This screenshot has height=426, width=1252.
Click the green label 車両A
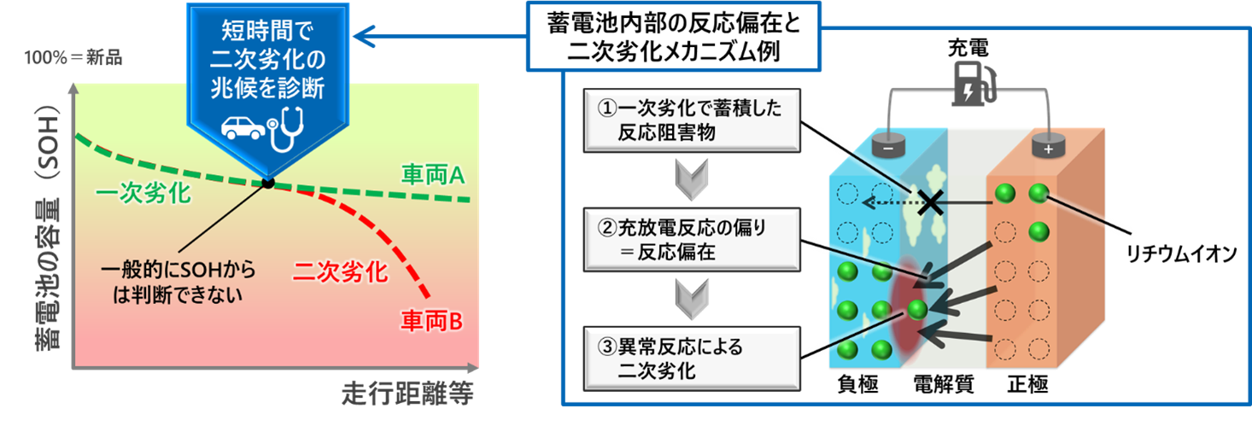[x=431, y=177]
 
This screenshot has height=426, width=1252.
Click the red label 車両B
[x=431, y=322]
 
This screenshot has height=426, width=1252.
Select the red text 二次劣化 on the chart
[x=340, y=272]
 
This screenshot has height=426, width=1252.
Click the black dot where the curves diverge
[x=267, y=183]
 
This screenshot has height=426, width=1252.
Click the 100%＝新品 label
[x=73, y=60]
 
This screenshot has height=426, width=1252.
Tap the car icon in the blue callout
[x=243, y=127]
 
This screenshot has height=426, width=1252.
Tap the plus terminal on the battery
[x=1045, y=148]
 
